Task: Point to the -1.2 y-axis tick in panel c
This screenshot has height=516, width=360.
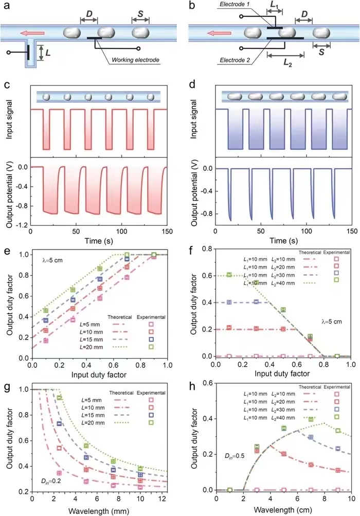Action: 21,225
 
